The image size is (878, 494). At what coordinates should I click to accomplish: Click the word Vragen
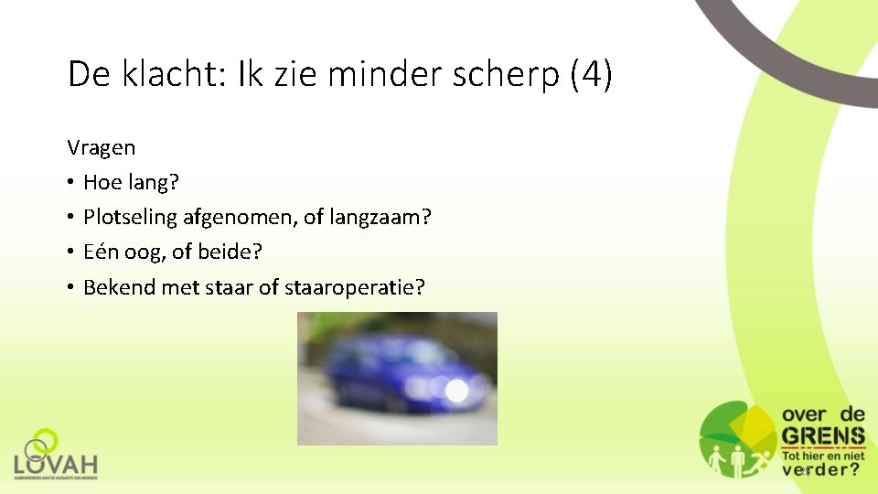[x=102, y=148]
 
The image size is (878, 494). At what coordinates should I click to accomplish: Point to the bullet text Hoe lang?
[x=132, y=183]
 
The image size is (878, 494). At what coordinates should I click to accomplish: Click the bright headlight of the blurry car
[x=455, y=392]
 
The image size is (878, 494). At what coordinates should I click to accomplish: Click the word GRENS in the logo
[x=822, y=435]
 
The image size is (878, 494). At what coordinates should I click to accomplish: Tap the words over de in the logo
[x=822, y=414]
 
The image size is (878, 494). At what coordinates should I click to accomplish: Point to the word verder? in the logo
[x=821, y=469]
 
